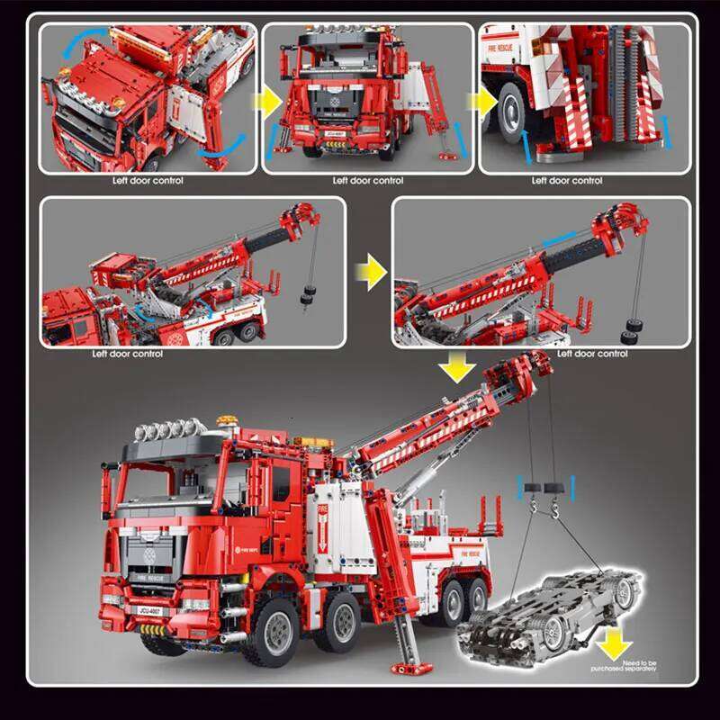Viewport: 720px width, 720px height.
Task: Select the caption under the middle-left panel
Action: [x=128, y=353]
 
